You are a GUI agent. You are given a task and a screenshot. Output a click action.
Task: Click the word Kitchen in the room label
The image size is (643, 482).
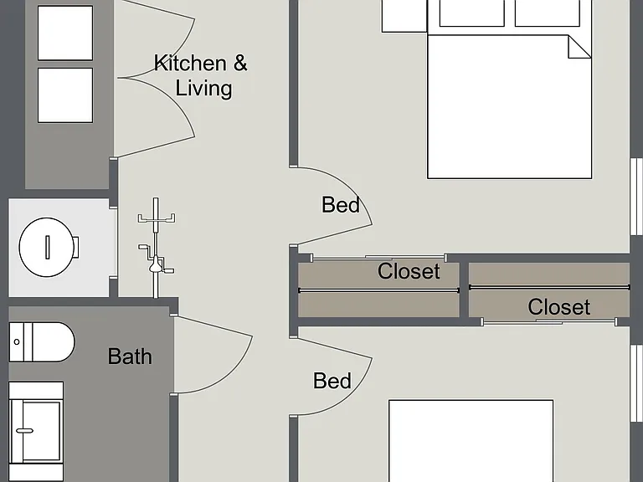(x=190, y=63)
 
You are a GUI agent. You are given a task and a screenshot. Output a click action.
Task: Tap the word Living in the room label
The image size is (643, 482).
(x=203, y=88)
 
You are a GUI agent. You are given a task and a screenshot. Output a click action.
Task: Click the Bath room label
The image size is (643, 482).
(x=130, y=356)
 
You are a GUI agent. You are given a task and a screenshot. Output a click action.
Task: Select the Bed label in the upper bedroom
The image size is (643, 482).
(x=341, y=204)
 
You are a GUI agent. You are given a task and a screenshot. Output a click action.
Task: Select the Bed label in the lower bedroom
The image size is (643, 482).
(x=332, y=381)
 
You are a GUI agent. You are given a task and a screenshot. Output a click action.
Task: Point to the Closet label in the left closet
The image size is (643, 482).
(x=409, y=271)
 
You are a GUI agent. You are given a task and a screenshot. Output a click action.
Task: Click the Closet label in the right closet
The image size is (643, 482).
(x=559, y=307)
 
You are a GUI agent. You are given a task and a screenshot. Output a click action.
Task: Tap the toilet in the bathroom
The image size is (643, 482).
(x=41, y=342)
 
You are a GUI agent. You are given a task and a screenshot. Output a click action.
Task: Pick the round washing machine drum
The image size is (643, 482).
(x=47, y=247)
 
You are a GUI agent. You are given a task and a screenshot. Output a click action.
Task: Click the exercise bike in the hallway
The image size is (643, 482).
(x=156, y=247)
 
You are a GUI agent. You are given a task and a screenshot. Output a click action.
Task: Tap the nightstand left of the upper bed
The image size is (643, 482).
(x=404, y=16)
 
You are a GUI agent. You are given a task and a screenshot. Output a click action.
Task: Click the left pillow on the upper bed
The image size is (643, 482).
(x=471, y=13)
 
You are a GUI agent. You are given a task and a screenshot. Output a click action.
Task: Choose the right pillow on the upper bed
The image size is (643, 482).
(x=547, y=13)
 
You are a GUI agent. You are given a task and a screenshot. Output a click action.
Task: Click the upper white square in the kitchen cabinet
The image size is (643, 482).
(x=65, y=33)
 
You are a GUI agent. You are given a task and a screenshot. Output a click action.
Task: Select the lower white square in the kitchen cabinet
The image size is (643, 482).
(x=65, y=95)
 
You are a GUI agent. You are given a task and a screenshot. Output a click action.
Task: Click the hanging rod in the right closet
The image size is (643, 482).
(x=549, y=287)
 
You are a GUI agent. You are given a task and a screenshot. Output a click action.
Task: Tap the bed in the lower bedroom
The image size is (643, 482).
(x=471, y=441)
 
